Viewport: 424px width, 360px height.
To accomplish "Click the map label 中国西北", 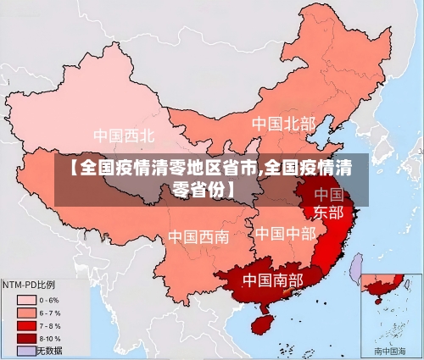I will [124, 135].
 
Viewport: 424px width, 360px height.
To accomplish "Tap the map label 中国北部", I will [283, 124].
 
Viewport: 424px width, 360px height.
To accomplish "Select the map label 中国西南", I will [198, 236].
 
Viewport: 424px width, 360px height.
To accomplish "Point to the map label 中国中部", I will [285, 232].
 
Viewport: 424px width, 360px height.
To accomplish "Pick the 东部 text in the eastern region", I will [328, 211].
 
